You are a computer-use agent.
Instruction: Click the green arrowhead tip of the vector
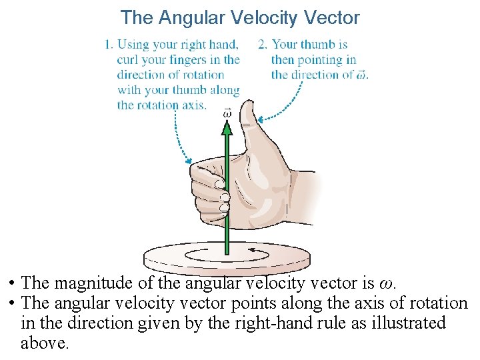pyautogui.click(x=227, y=126)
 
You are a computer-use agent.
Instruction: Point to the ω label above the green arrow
pyautogui.click(x=227, y=113)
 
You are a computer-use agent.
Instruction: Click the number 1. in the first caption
pyautogui.click(x=109, y=45)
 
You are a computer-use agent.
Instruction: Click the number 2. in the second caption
pyautogui.click(x=263, y=45)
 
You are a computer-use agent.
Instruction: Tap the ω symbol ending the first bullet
pyautogui.click(x=390, y=284)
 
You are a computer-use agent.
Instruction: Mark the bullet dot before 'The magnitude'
pyautogui.click(x=13, y=284)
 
